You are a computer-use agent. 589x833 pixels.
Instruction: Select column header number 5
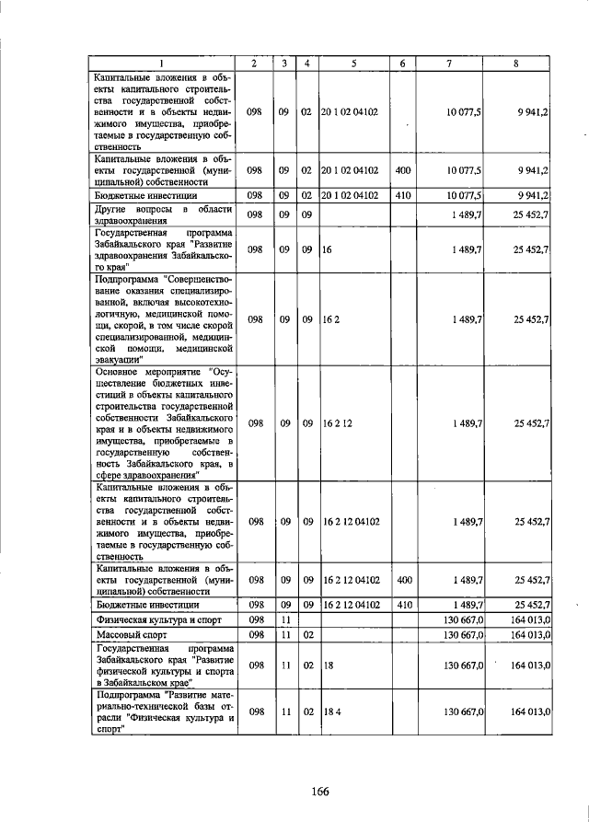pos(353,63)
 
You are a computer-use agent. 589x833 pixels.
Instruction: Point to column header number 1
pos(162,63)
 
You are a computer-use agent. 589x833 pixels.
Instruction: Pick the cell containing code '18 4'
pos(332,712)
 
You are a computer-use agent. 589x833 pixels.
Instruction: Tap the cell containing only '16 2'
pos(331,318)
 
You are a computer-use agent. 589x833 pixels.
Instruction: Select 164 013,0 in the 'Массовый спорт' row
pos(529,634)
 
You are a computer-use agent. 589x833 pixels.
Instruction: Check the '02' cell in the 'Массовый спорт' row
pos(306,634)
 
